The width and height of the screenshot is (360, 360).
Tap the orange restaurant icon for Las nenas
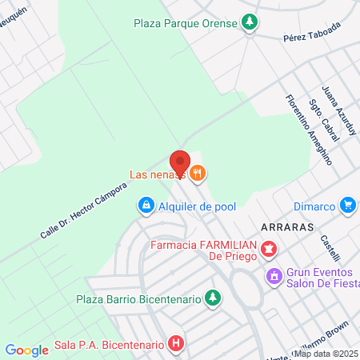coord(199,172)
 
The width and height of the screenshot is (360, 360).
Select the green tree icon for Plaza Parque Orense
coord(250,23)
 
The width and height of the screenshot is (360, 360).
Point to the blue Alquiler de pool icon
coord(146,206)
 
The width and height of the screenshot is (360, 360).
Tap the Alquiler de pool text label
coord(198,206)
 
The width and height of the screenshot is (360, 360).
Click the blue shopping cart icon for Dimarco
coord(347,206)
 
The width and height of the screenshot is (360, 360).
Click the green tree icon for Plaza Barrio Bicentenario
coord(212,299)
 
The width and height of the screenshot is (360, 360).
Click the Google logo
coord(26,350)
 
